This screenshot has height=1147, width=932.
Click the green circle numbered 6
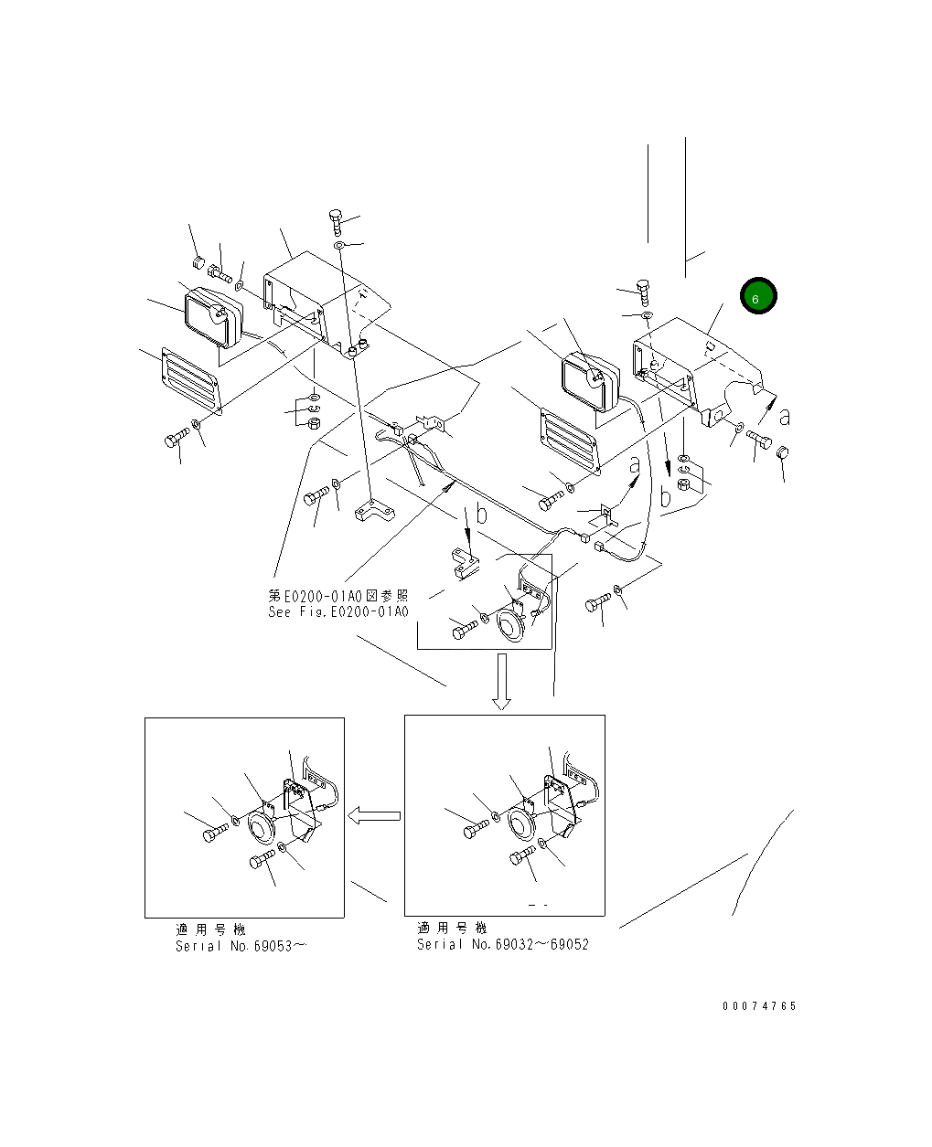click(x=758, y=296)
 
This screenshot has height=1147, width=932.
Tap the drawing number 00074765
click(x=759, y=1006)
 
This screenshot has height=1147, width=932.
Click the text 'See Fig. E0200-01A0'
click(x=338, y=612)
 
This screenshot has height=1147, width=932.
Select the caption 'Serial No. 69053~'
click(x=241, y=946)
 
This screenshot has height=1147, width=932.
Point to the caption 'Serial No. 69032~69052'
click(x=503, y=944)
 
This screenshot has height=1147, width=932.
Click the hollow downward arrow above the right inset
click(x=501, y=681)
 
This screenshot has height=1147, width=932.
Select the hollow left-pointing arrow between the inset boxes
click(x=377, y=815)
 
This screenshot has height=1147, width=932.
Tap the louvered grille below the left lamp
click(x=189, y=378)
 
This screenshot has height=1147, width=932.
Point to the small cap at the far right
click(x=782, y=453)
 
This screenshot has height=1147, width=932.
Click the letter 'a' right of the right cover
click(x=784, y=416)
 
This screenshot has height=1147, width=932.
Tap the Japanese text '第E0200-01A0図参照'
click(x=338, y=596)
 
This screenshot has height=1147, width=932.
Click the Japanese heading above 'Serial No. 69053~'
click(x=210, y=929)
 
